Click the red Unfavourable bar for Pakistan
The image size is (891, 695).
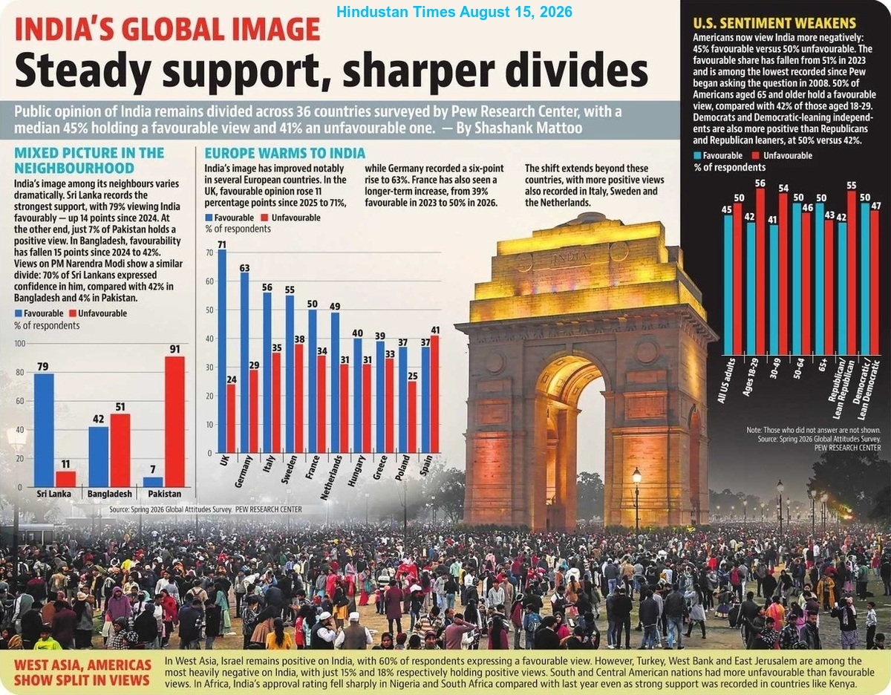coord(175,422)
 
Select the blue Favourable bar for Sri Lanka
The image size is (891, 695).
coord(44,430)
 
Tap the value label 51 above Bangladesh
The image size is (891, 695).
coord(120,407)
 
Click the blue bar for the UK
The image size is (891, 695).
coord(222,351)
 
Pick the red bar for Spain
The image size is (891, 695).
coord(434,394)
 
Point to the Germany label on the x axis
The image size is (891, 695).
coord(243,472)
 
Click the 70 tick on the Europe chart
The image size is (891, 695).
coord(209,252)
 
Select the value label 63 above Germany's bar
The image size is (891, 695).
coord(244,268)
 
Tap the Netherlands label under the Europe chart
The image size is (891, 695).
coord(331,477)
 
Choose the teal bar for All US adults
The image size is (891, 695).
coord(728,285)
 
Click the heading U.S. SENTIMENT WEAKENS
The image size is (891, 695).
coord(774,23)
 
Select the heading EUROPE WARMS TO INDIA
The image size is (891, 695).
coord(285,154)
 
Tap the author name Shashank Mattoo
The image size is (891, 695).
coord(529,128)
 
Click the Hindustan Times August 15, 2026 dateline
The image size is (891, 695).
coord(454,12)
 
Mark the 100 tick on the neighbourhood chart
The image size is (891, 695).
coord(20,344)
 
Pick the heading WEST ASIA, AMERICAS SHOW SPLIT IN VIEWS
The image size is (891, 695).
coord(82,673)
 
